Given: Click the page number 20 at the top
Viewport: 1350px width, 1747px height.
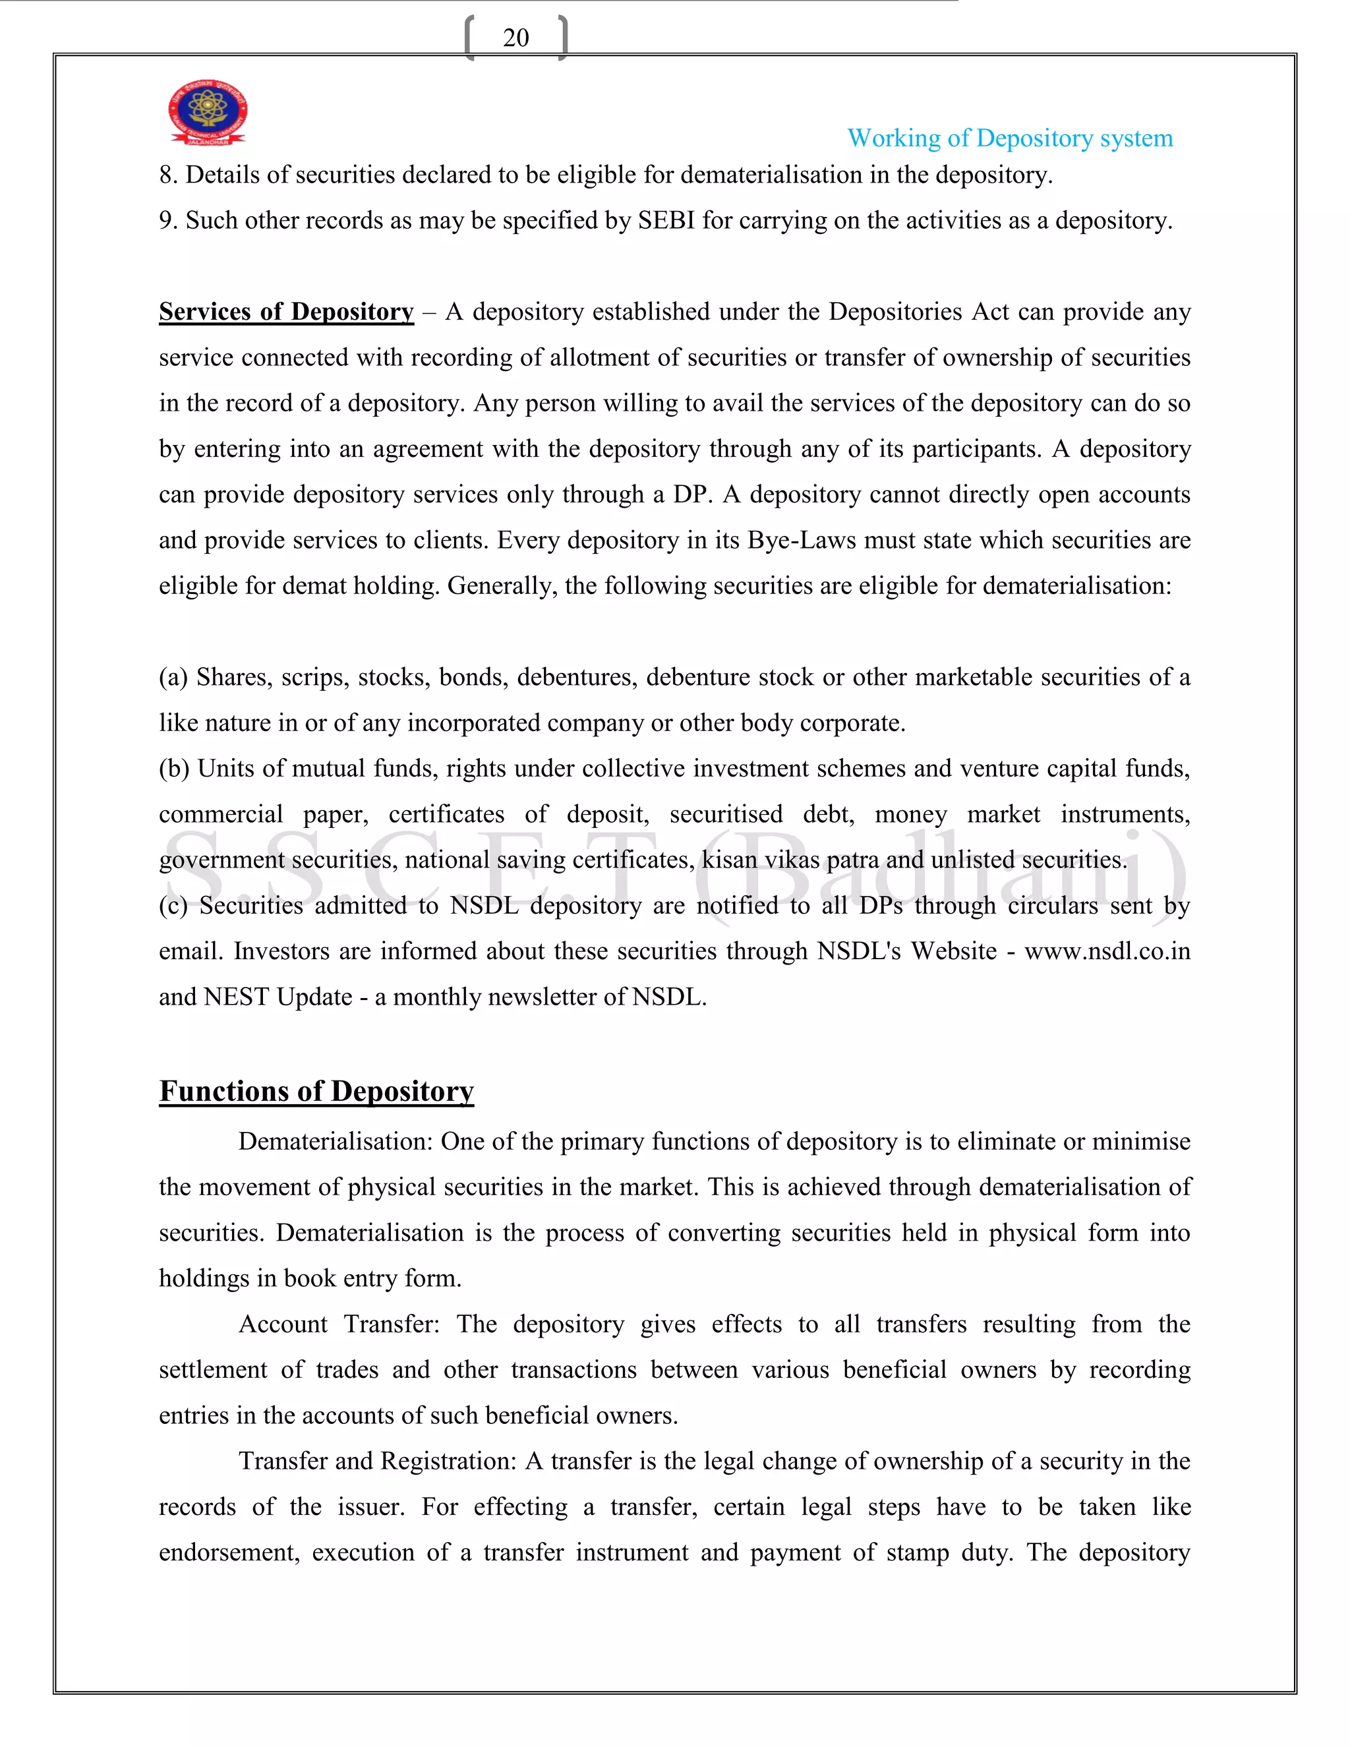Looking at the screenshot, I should coord(516,38).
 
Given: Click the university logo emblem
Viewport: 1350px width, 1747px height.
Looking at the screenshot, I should coord(208,112).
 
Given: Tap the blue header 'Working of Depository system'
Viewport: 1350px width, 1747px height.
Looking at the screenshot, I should coord(1009,138).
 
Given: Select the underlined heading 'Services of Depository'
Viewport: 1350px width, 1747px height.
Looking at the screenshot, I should coord(286,311).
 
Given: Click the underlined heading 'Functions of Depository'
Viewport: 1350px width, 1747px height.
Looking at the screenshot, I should coord(316,1091).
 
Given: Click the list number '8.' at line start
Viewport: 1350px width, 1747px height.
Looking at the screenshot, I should coord(168,175).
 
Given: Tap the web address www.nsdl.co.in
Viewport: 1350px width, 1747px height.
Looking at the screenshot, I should coord(1107,951).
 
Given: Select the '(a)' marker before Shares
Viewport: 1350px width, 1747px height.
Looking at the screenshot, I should coord(173,678).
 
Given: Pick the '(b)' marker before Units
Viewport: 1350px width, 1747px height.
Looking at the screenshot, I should coord(173,769).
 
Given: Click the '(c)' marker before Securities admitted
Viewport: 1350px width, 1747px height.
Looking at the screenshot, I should coord(173,906).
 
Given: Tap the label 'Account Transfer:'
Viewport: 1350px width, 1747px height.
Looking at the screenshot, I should coord(339,1324).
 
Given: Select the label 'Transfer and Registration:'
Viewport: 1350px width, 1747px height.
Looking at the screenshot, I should coord(378,1461).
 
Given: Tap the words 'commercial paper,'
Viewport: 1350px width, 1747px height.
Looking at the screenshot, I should coord(263,814).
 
